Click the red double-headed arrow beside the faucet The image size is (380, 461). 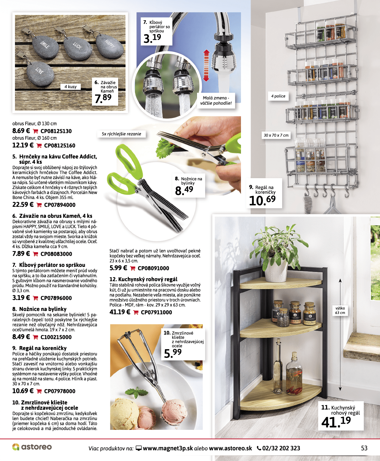click(x=206, y=66)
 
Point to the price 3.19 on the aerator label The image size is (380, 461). click(x=152, y=38)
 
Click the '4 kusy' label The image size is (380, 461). click(x=70, y=87)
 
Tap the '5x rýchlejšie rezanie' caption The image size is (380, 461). click(x=121, y=134)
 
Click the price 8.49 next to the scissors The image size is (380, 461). click(x=184, y=191)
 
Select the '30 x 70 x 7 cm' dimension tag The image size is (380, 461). click(x=276, y=135)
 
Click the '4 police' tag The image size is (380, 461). click(x=278, y=96)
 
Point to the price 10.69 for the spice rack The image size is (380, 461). click(x=262, y=201)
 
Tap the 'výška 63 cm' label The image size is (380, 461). click(x=340, y=311)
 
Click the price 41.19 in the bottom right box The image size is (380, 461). click(x=336, y=421)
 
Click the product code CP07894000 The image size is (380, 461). click(x=60, y=205)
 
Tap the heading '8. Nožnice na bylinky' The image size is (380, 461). click(x=39, y=309)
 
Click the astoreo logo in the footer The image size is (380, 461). click(x=32, y=447)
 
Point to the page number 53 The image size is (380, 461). click(x=364, y=448)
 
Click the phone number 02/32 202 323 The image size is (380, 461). click(x=279, y=448)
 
